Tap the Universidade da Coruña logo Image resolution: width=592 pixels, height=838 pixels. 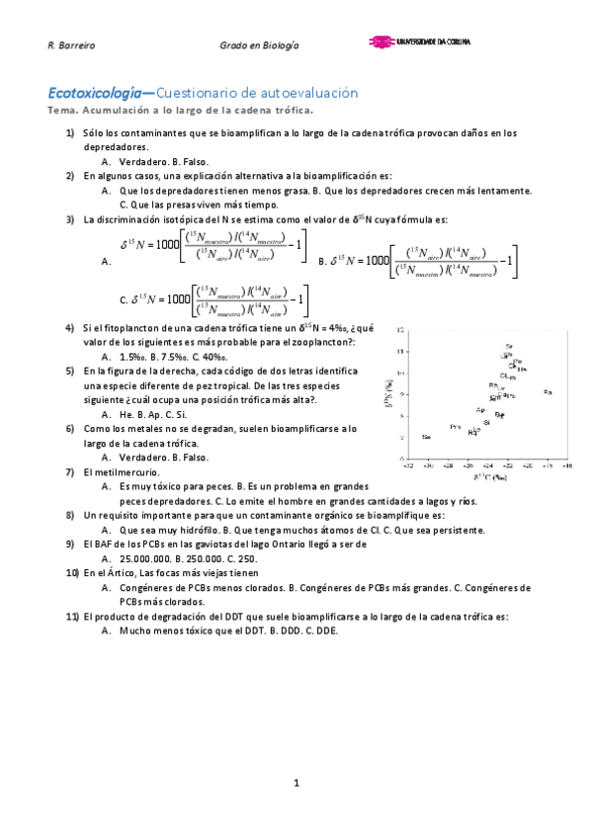[420, 43]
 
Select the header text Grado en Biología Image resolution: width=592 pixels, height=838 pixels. [259, 46]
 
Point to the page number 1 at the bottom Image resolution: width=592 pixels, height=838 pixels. [296, 784]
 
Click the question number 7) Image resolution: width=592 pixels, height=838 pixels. [70, 472]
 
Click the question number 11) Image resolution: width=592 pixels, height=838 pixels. [71, 617]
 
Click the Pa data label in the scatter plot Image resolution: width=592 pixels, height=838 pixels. [548, 393]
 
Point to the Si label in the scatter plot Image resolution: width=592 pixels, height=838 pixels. [486, 422]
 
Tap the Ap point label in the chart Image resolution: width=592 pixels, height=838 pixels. [480, 409]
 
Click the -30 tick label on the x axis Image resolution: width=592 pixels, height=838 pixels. [427, 463]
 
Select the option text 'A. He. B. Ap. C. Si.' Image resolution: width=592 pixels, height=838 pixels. [153, 414]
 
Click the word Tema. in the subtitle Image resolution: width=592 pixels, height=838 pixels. [61, 110]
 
